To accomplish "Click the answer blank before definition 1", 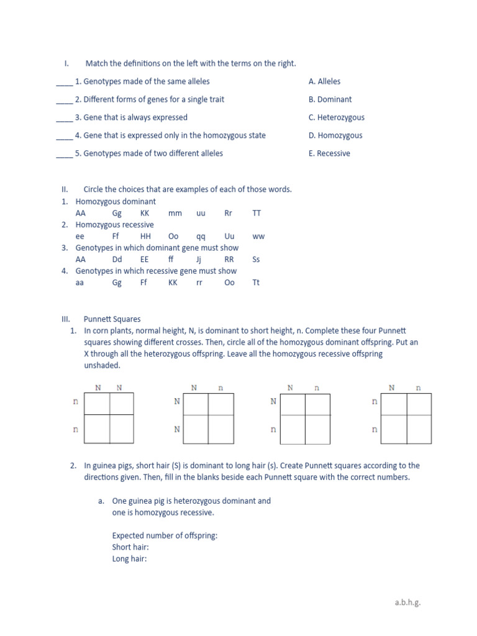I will [x=64, y=82].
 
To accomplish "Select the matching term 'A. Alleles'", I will [x=324, y=81].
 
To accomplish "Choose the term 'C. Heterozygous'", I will [x=336, y=117].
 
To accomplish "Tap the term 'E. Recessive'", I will [x=329, y=153].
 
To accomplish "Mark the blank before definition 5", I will [x=64, y=154].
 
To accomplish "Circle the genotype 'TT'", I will [x=257, y=213].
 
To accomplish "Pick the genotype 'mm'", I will [x=175, y=213].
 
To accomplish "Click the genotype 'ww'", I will [x=258, y=237].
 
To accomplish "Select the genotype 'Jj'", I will [x=199, y=260].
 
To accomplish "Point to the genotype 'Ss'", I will [x=256, y=260].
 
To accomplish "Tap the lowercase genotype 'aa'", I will [x=79, y=283].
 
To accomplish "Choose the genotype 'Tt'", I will [x=256, y=283].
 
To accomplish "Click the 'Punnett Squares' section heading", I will [x=112, y=319].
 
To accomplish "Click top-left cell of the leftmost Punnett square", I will [x=97, y=404].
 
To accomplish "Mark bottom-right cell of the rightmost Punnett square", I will [x=419, y=429].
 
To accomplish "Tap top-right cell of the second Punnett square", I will [x=220, y=404].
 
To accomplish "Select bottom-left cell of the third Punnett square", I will [x=293, y=429].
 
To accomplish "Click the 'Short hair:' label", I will [x=130, y=547].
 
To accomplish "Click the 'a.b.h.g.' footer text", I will [x=408, y=602].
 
